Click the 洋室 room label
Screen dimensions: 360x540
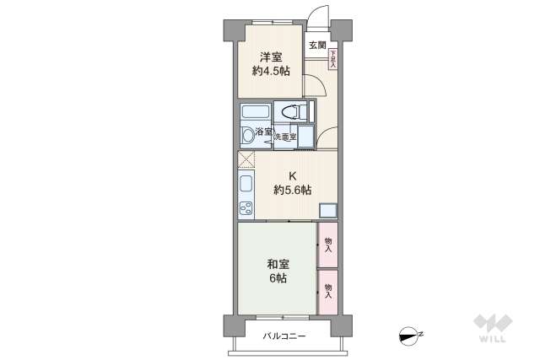(270, 57)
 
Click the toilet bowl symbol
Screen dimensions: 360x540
(289, 112)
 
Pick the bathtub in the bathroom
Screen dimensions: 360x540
(255, 113)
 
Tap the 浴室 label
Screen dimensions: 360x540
(263, 132)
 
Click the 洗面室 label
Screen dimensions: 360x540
(284, 136)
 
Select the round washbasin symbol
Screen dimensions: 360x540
(246, 135)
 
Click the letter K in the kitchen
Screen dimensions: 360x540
(293, 176)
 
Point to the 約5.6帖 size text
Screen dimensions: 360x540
(292, 191)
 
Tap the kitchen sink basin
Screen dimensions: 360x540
(246, 185)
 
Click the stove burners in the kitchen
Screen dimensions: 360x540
(246, 208)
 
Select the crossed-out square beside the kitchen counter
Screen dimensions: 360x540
(246, 160)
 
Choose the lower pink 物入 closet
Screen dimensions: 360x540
(327, 291)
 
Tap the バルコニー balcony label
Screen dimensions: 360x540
(284, 336)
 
